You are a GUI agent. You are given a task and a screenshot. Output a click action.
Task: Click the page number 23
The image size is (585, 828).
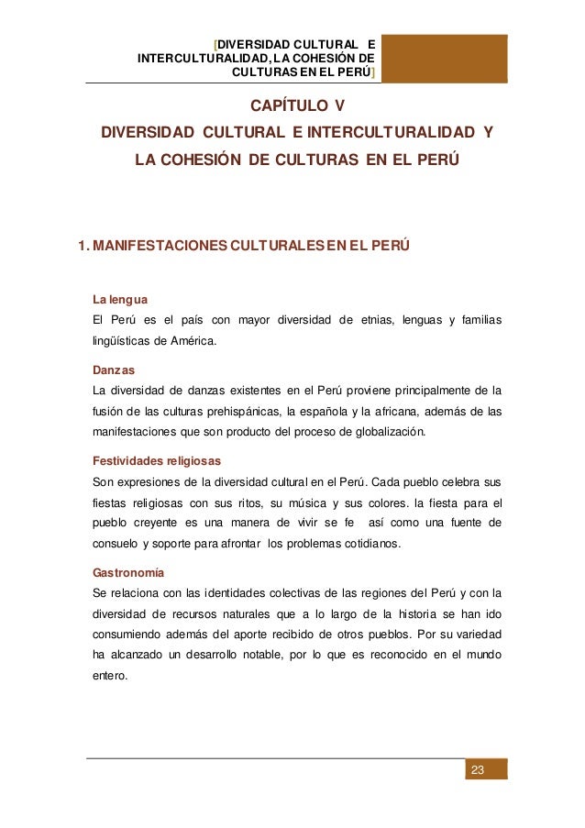tap(476, 768)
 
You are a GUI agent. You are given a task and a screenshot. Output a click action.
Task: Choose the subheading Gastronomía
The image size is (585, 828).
tap(129, 572)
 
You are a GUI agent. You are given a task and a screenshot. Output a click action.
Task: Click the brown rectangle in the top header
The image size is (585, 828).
tap(445, 58)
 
